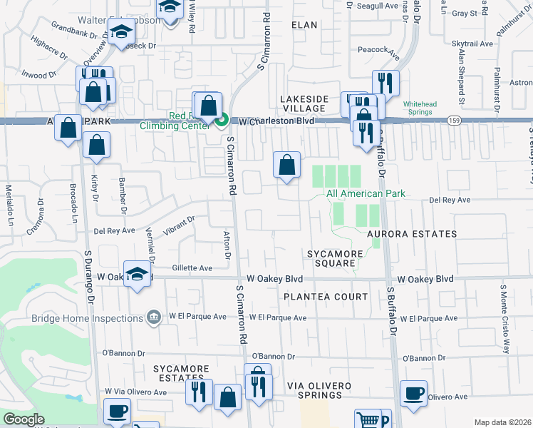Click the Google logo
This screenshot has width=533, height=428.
coord(24,419)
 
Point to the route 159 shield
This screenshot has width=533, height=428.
coord(454,122)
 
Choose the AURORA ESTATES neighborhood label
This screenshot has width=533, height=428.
coord(412,234)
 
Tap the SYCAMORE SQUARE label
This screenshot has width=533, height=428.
coord(331,258)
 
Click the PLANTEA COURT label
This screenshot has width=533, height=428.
coord(326,296)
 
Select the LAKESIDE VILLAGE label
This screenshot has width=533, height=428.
coord(304,103)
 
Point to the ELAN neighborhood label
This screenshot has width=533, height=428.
coord(304,24)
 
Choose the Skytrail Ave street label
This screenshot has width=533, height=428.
coord(472,44)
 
